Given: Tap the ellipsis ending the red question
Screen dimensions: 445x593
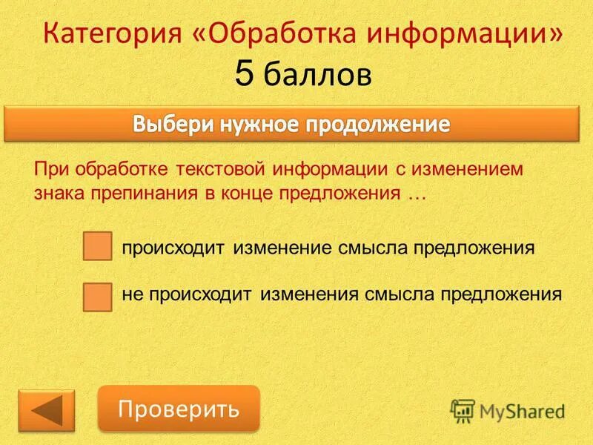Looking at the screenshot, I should [418, 194].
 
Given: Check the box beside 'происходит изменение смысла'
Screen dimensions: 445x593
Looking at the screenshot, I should [97, 247].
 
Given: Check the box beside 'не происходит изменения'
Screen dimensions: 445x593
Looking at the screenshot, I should [97, 296].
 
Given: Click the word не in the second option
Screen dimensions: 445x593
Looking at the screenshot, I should [131, 294].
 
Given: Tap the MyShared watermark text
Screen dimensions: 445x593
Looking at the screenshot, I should [522, 410].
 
